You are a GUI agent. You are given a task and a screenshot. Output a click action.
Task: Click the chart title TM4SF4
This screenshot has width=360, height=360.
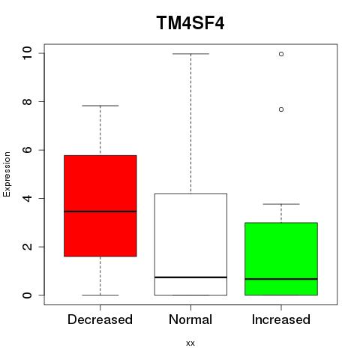190,22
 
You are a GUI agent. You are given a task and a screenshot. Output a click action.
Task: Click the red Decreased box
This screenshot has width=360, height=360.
100,205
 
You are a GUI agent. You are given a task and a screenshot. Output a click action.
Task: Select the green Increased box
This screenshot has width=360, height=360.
281,259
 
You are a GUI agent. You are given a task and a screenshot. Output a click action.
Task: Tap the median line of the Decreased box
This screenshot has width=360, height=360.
100,211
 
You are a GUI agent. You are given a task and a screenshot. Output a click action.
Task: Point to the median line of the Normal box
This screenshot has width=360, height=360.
190,277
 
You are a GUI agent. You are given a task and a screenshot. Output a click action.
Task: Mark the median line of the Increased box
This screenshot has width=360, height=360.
281,279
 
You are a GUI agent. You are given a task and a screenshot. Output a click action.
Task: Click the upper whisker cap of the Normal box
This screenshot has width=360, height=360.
190,54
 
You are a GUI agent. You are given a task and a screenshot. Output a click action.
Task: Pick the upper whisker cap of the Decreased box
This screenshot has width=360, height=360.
100,106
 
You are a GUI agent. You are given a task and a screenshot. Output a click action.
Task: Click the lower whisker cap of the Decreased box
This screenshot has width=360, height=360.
100,295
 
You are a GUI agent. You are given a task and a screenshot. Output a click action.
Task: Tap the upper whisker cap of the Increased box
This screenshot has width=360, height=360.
281,204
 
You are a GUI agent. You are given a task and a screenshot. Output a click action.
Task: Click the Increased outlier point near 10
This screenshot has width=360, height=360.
281,54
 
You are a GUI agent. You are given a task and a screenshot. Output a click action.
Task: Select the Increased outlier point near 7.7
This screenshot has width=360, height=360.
281,109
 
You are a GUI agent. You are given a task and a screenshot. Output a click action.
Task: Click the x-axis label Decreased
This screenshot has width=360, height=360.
100,319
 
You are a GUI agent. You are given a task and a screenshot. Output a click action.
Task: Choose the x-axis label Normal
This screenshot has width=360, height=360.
190,319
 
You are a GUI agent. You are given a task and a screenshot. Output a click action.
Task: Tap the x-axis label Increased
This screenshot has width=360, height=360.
281,319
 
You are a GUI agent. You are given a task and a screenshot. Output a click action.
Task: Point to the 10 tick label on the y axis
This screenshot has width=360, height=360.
27,53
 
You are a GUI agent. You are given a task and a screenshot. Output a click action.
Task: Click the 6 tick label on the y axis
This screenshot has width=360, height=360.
27,150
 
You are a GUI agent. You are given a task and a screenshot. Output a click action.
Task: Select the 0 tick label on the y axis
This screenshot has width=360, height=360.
27,295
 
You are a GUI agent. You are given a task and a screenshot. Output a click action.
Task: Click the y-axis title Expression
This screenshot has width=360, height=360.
7,174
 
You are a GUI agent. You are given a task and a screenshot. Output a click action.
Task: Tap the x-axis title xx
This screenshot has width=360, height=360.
190,343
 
